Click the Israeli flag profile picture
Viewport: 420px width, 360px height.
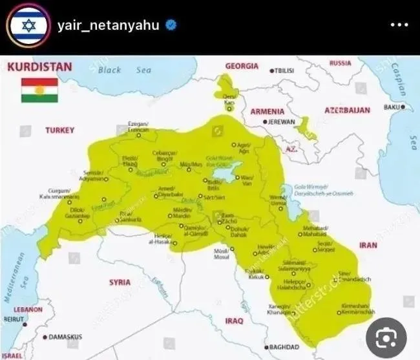point(27,26)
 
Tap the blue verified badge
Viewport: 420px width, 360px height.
point(171,26)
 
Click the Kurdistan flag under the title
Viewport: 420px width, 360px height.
point(39,90)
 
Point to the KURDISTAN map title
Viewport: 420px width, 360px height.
point(39,67)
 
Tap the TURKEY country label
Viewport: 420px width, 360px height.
point(59,130)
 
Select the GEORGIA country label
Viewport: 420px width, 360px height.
point(242,66)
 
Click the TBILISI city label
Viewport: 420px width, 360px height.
point(285,70)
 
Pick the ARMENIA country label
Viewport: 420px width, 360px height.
point(267,111)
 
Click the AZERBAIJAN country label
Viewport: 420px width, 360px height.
point(347,110)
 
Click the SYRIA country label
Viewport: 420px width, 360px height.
point(120,282)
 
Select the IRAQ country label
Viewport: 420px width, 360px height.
point(234,321)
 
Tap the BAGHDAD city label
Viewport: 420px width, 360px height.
point(284,346)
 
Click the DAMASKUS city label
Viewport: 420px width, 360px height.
point(65,337)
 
